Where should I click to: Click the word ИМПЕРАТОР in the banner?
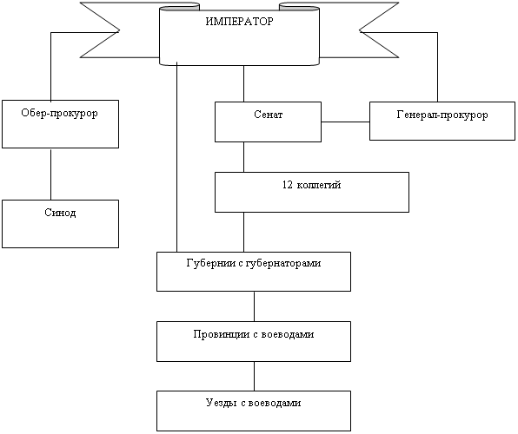click(x=240, y=22)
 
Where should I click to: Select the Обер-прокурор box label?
click(x=59, y=113)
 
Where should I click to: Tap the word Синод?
click(x=60, y=213)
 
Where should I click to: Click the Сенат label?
click(x=269, y=115)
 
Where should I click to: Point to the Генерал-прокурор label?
click(x=442, y=115)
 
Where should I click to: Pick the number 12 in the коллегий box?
click(x=288, y=185)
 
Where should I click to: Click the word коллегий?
click(x=319, y=185)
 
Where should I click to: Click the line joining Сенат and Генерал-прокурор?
click(x=345, y=122)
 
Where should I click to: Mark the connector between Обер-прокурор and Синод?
click(x=51, y=174)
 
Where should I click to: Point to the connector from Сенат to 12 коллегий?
click(x=244, y=157)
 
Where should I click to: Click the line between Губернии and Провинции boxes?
click(x=254, y=306)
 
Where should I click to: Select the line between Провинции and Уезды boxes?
click(x=254, y=376)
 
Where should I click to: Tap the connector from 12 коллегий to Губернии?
click(x=244, y=232)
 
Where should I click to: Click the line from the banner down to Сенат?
click(x=244, y=83)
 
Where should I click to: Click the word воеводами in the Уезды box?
click(x=275, y=403)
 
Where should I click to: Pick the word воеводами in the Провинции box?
click(x=288, y=334)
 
